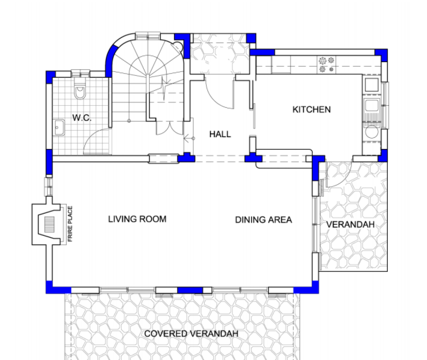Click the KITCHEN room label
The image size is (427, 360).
[311, 110]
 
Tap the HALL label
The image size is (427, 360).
[220, 134]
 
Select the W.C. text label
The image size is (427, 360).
[82, 118]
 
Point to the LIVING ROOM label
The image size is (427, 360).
[137, 219]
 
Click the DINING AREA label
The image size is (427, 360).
[264, 220]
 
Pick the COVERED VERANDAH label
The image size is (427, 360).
[191, 334]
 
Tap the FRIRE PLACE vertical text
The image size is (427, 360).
[70, 224]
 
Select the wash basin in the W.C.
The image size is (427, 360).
[59, 127]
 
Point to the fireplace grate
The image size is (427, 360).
[50, 225]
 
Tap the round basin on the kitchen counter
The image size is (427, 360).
[371, 132]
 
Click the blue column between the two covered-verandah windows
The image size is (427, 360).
[190, 290]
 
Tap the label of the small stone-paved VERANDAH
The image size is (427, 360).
[350, 225]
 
